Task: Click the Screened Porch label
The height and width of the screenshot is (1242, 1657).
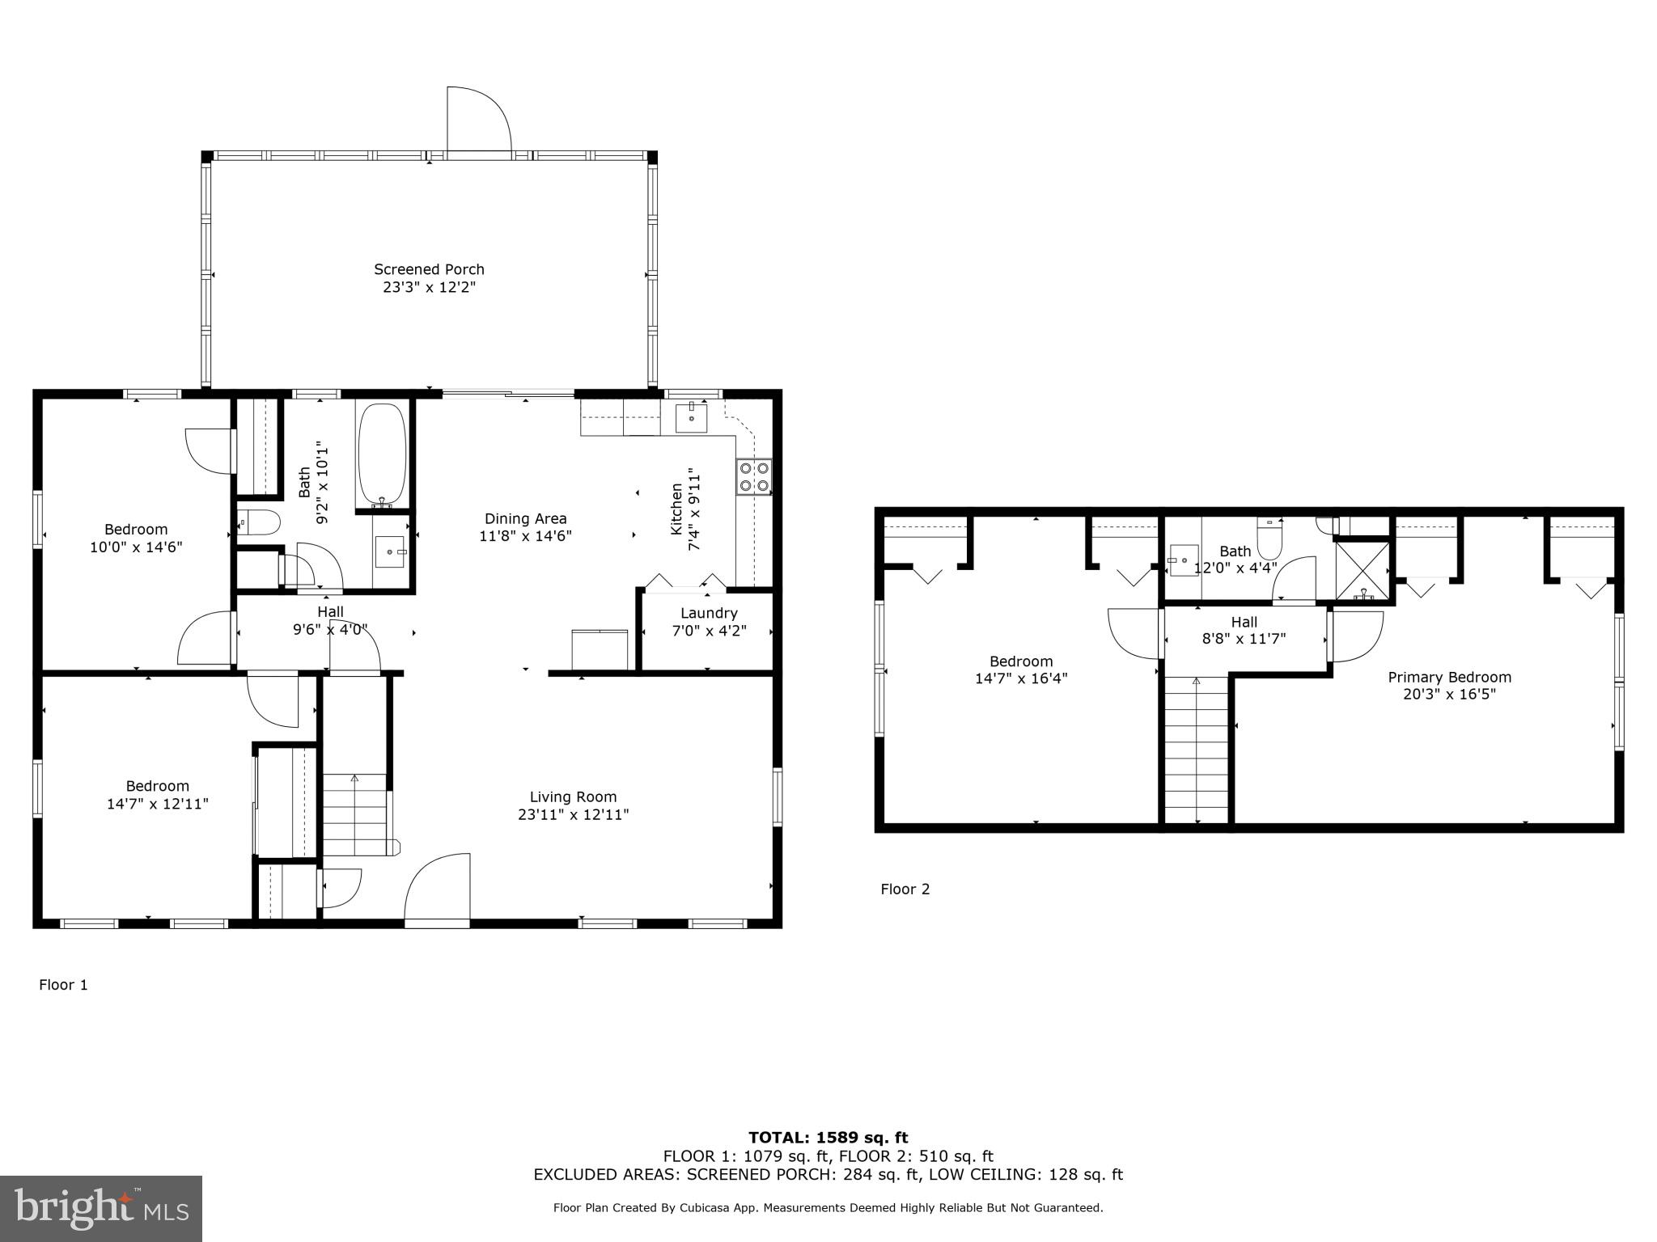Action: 429,269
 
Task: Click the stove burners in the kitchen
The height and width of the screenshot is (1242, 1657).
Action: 753,476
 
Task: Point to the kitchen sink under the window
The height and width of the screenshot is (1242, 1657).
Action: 691,419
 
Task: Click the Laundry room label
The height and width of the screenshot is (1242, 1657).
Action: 709,613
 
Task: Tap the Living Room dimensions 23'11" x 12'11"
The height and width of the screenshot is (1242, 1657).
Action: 573,814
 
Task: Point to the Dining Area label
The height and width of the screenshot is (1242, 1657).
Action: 525,518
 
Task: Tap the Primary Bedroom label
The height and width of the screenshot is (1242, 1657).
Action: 1449,677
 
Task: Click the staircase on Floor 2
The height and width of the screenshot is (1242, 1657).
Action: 1196,750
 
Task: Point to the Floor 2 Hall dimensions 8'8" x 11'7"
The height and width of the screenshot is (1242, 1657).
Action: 1244,639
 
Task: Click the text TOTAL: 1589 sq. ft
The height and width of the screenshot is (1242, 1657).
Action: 828,1138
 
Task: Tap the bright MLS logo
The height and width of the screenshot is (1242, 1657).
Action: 101,1208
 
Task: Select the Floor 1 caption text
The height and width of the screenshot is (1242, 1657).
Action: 63,984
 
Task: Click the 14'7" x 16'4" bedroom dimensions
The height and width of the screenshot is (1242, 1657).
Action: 1020,678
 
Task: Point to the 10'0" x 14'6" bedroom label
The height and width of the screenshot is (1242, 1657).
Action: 135,547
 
